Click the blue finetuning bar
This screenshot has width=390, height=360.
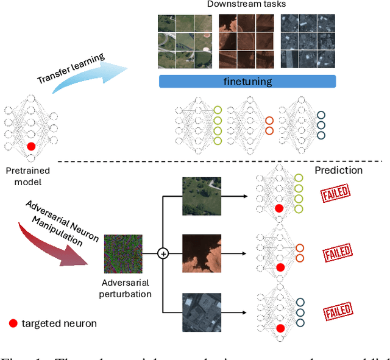[247, 82]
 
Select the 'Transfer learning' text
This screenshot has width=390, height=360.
[70, 71]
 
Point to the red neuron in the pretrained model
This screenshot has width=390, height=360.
[32, 147]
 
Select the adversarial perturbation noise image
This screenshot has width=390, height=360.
[124, 253]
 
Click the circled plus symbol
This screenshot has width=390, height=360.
[163, 253]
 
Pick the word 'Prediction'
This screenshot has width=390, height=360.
[338, 171]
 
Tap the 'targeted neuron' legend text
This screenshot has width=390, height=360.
[60, 323]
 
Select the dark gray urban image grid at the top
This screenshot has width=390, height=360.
[308, 41]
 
